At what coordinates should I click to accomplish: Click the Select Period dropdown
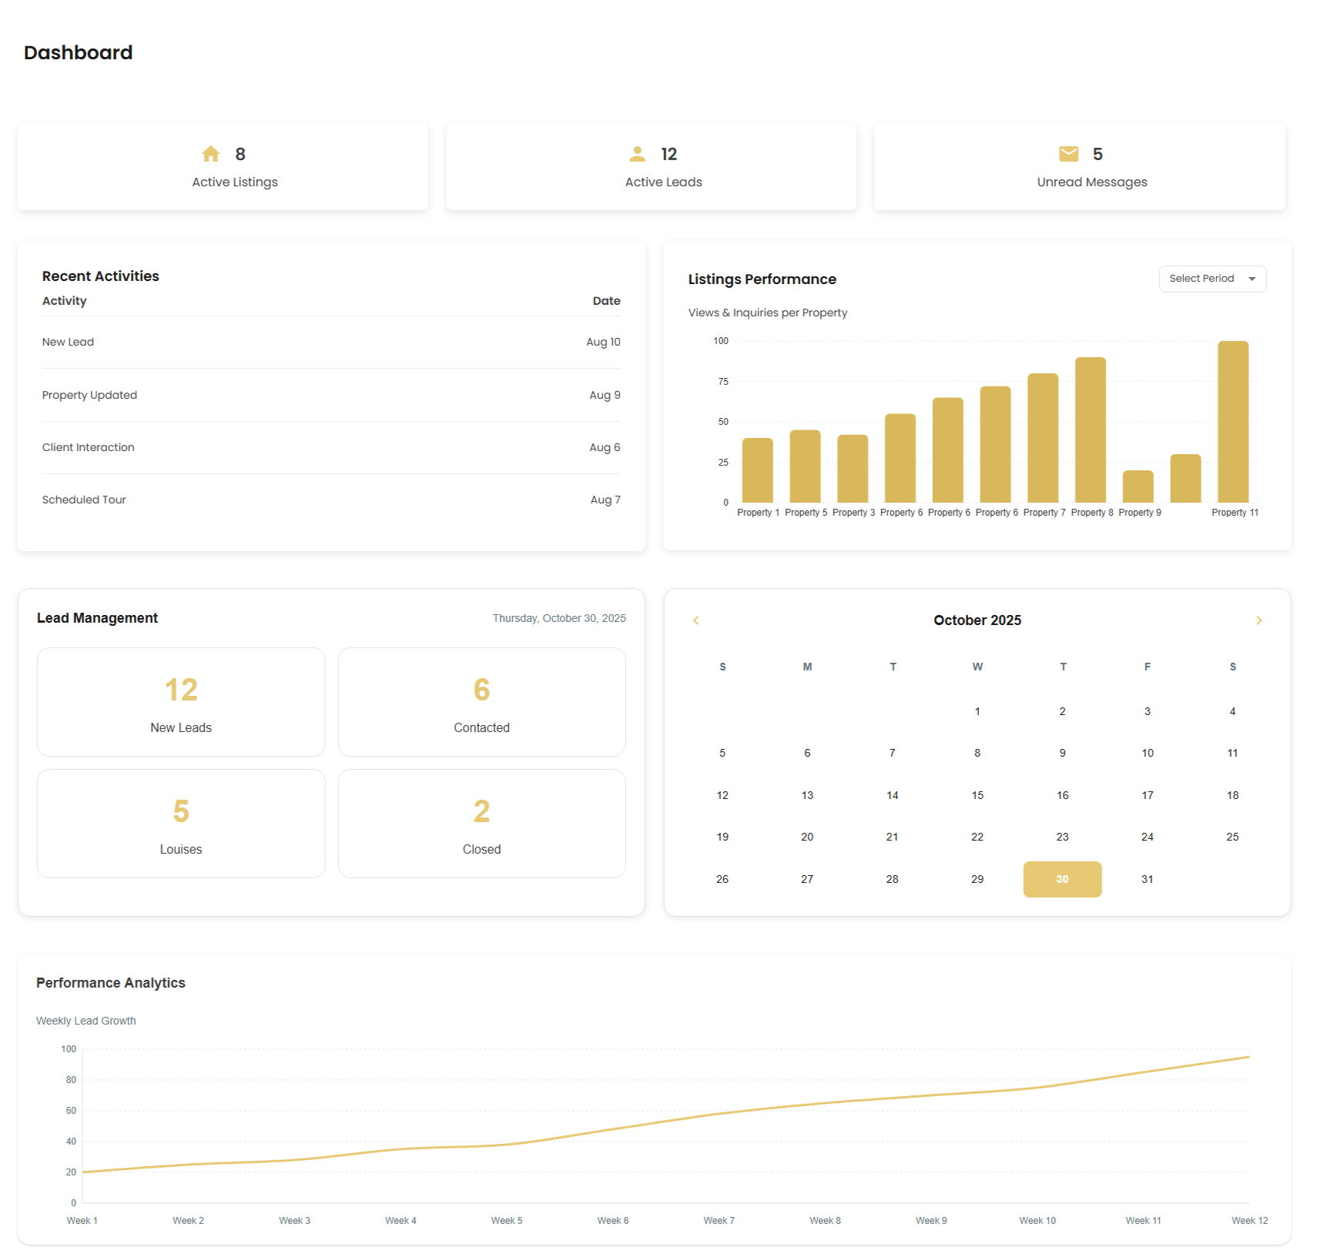pyautogui.click(x=1211, y=279)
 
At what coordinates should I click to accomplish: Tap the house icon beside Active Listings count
pyautogui.click(x=211, y=154)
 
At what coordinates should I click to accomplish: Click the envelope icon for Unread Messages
pyautogui.click(x=1068, y=154)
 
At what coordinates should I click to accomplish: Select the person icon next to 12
pyautogui.click(x=637, y=154)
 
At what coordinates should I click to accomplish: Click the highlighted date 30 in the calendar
pyautogui.click(x=1062, y=879)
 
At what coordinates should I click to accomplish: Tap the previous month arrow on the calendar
pyautogui.click(x=696, y=620)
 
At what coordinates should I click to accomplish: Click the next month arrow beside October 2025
pyautogui.click(x=1258, y=620)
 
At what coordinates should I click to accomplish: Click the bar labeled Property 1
pyautogui.click(x=757, y=470)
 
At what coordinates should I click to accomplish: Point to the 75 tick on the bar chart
pyautogui.click(x=722, y=382)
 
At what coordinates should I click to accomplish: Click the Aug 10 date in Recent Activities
pyautogui.click(x=603, y=342)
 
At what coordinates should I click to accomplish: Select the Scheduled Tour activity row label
pyautogui.click(x=84, y=500)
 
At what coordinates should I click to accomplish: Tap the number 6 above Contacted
pyautogui.click(x=481, y=690)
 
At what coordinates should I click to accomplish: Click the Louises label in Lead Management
pyautogui.click(x=181, y=849)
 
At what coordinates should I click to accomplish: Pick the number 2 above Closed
pyautogui.click(x=481, y=811)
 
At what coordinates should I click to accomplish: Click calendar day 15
pyautogui.click(x=977, y=795)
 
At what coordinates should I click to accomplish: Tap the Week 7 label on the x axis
pyautogui.click(x=719, y=1221)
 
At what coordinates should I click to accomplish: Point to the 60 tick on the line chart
pyautogui.click(x=71, y=1111)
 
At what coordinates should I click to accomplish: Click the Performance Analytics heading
pyautogui.click(x=111, y=983)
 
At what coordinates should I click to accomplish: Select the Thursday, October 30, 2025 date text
pyautogui.click(x=559, y=618)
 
